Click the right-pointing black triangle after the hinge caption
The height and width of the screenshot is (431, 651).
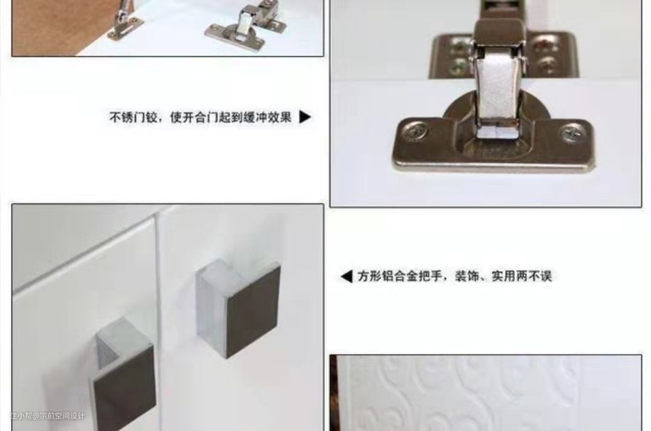(x=305, y=117)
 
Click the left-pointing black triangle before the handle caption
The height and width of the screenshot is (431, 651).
(x=346, y=277)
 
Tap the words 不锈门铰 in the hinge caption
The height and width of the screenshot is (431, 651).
(x=133, y=117)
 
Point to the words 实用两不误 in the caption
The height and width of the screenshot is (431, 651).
(x=522, y=277)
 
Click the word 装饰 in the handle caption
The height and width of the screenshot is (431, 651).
(x=466, y=277)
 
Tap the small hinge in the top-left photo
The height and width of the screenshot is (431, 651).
(x=247, y=23)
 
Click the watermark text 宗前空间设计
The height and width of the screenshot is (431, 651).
(x=62, y=416)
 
